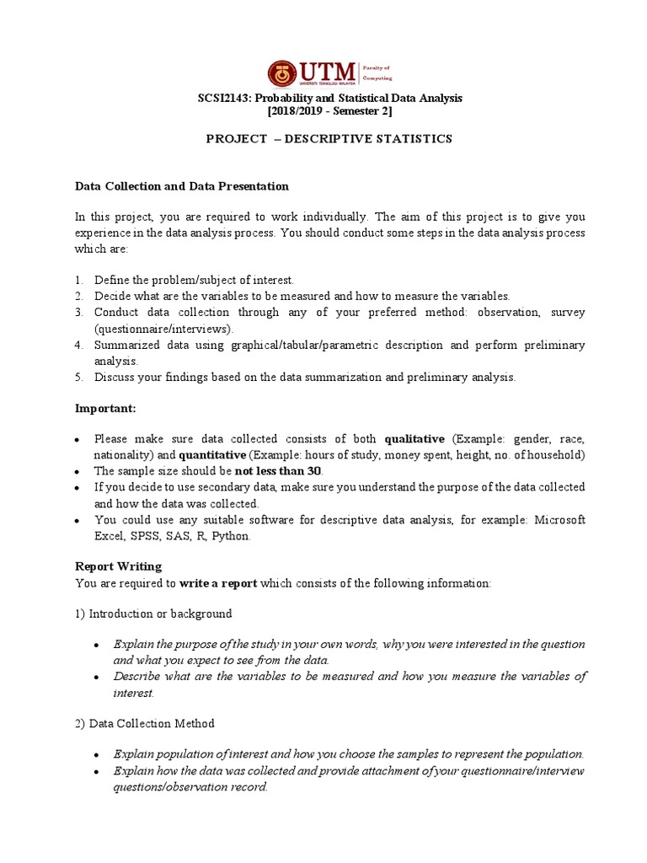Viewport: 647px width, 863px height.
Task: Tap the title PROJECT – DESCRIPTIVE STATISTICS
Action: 329,139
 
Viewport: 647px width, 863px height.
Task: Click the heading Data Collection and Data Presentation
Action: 182,186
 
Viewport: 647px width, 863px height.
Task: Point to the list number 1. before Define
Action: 78,280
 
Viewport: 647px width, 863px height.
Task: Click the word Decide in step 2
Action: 111,296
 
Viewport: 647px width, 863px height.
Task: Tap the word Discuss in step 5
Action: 114,378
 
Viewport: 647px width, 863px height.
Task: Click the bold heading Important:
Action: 105,409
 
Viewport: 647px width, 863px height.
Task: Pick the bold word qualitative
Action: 414,439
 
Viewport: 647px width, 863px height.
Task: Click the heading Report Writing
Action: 118,567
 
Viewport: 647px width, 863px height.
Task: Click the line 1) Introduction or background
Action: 153,614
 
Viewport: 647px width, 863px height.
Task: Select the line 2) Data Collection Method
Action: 145,724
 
